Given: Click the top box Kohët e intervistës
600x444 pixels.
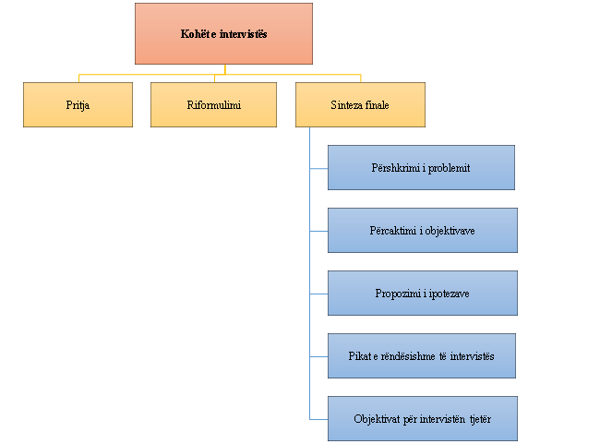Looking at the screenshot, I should coord(223,33).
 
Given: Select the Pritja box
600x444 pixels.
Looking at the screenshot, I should coord(78,104).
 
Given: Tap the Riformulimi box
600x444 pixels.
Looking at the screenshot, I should coord(213,104).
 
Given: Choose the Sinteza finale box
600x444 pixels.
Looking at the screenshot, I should coord(360,104).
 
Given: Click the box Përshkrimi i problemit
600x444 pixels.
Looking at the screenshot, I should coord(421,167).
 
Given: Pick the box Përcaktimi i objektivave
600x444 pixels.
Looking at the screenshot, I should coord(422,230).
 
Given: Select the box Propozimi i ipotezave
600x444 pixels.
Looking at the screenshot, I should coord(422,293).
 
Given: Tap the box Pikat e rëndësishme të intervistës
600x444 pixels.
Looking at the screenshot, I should coord(421,355).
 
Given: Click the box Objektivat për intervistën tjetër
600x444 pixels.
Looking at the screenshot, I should coord(422,418).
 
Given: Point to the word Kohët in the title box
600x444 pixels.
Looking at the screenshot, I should coord(195,34).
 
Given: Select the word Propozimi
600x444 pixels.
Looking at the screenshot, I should coord(397,294).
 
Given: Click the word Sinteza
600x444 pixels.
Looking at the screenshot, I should coord(345,105).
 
